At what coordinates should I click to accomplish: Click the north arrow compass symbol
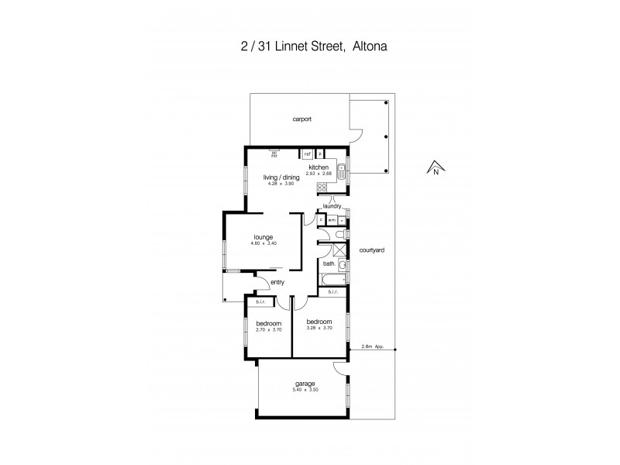pyautogui.click(x=436, y=167)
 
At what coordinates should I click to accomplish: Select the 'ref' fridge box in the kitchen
pyautogui.click(x=307, y=153)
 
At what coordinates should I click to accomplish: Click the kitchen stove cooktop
pyautogui.click(x=322, y=187)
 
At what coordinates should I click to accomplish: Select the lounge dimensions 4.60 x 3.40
pyautogui.click(x=264, y=244)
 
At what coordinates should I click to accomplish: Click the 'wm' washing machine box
pyautogui.click(x=331, y=220)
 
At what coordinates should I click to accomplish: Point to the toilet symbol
pyautogui.click(x=343, y=234)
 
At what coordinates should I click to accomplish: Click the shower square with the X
pyautogui.click(x=339, y=250)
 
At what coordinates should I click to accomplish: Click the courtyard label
pyautogui.click(x=373, y=250)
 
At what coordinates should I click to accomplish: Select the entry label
pyautogui.click(x=277, y=283)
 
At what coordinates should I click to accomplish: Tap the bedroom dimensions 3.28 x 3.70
pyautogui.click(x=319, y=329)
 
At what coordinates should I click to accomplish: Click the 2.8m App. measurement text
pyautogui.click(x=372, y=346)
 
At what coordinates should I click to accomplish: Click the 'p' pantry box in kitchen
pyautogui.click(x=319, y=153)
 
